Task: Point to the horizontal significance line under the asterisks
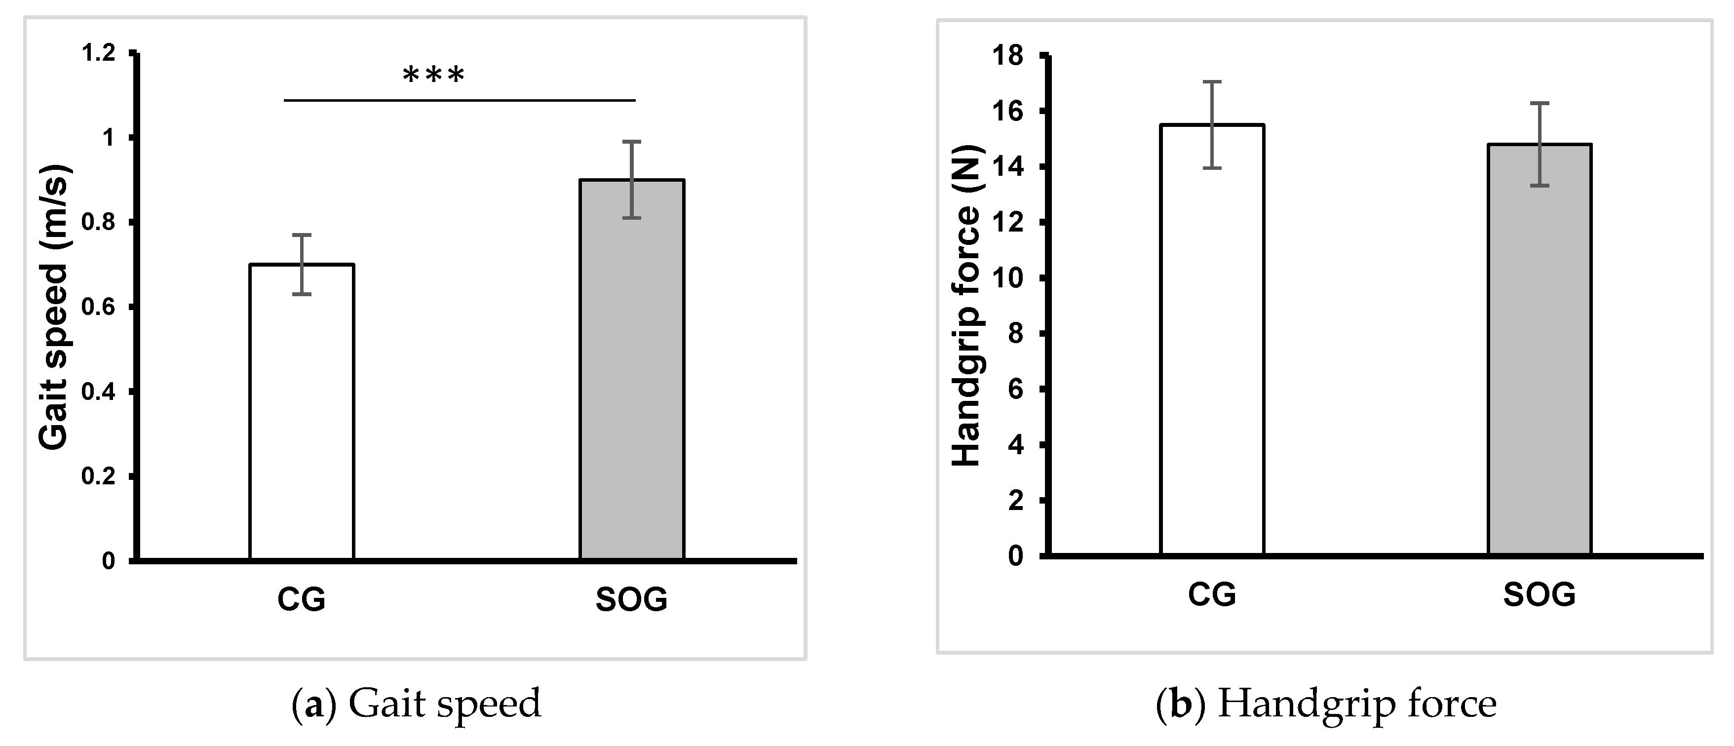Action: [459, 100]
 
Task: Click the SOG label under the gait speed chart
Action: [631, 599]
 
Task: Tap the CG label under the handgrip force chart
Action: [1212, 594]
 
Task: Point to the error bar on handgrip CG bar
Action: [1212, 124]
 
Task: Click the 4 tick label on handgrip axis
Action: [1015, 445]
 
